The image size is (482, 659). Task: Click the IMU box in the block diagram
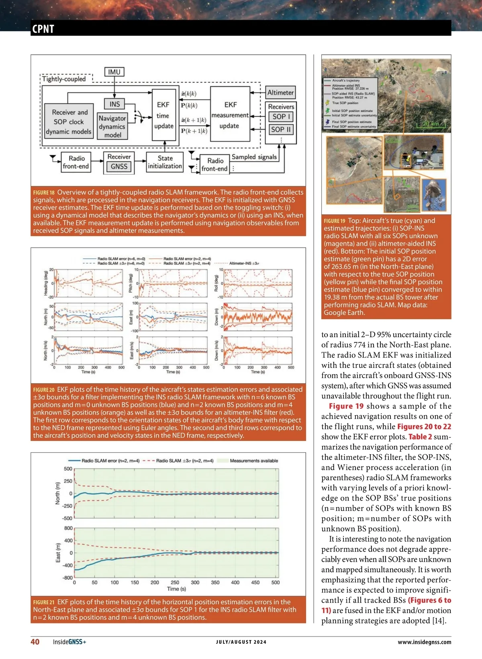(114, 72)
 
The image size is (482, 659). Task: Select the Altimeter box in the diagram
(280, 93)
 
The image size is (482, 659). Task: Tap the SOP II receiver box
(281, 130)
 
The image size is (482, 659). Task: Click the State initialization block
(165, 162)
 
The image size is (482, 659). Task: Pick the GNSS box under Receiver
(119, 167)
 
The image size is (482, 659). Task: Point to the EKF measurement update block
(230, 115)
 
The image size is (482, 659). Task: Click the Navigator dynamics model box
(112, 126)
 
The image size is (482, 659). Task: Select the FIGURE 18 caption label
(44, 193)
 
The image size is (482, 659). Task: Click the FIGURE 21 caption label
(44, 602)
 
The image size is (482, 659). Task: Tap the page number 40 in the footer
(35, 642)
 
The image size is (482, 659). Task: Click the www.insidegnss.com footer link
(424, 642)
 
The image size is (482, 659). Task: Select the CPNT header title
(43, 29)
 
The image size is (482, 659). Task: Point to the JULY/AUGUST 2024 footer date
(241, 642)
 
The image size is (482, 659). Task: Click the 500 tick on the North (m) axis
(68, 469)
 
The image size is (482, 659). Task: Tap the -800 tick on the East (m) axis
(68, 578)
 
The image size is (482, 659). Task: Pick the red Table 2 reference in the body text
(420, 437)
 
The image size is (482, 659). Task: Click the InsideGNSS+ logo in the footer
(69, 642)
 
